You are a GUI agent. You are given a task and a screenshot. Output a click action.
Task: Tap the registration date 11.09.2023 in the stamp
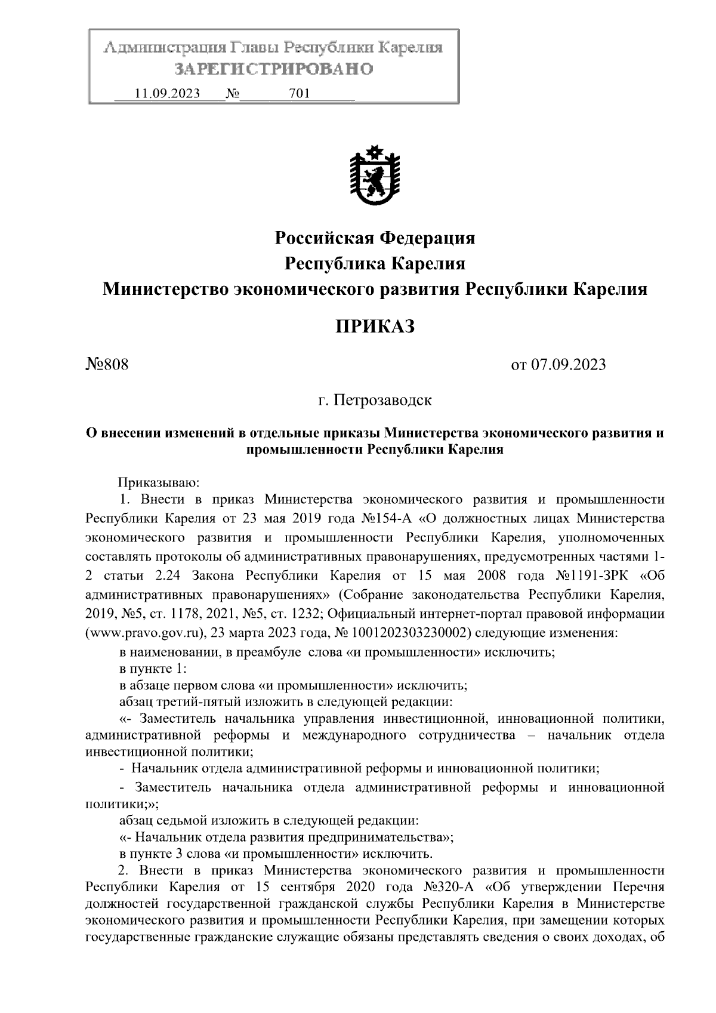point(168,94)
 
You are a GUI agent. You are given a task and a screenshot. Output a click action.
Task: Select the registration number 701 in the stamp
point(299,94)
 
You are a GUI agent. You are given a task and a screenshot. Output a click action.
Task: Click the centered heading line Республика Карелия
point(375,263)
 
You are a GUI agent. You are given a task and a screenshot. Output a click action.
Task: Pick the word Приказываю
point(155,481)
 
